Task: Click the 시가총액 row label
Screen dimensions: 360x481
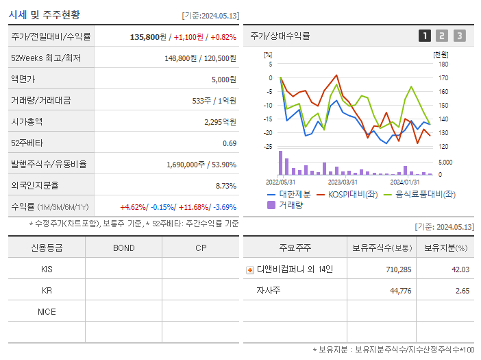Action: (27, 121)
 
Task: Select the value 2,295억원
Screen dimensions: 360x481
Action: (220, 121)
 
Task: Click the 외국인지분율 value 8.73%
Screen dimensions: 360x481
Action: (225, 185)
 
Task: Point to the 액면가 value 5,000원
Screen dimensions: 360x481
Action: (223, 79)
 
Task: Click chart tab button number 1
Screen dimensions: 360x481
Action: (425, 36)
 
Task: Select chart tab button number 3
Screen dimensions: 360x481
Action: (459, 36)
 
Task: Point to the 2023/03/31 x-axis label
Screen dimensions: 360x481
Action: (343, 182)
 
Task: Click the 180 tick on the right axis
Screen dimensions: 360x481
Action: (443, 64)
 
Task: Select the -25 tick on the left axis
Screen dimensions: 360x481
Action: (268, 146)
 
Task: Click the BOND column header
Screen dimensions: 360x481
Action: (123, 248)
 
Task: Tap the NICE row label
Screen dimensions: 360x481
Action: (47, 311)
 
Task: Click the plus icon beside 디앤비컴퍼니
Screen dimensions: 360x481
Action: (249, 269)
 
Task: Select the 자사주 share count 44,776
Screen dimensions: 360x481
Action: (397, 291)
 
